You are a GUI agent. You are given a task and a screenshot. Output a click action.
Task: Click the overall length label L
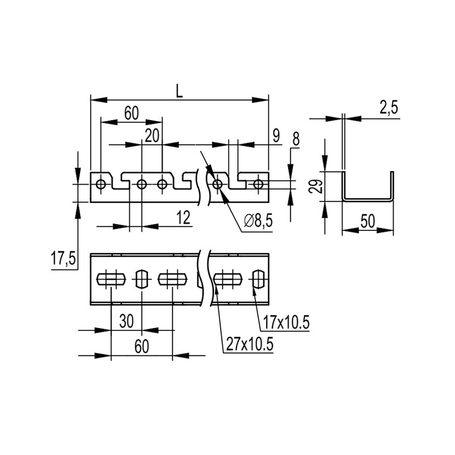pos(180,92)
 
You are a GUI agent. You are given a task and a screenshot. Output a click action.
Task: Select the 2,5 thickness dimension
pos(388,107)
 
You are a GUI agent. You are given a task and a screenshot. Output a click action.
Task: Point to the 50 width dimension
pos(367,221)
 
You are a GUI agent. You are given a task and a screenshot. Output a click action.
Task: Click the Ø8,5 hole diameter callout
pos(259,221)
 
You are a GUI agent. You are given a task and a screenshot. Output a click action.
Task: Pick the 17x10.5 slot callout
pos(286,322)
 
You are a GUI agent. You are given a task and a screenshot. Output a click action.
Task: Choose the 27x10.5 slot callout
pos(250,345)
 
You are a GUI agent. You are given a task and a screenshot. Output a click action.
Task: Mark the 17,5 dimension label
pos(63,259)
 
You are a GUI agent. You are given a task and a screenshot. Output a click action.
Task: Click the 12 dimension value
pos(183,218)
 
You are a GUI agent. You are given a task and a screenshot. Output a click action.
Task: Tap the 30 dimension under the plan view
pos(126,321)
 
